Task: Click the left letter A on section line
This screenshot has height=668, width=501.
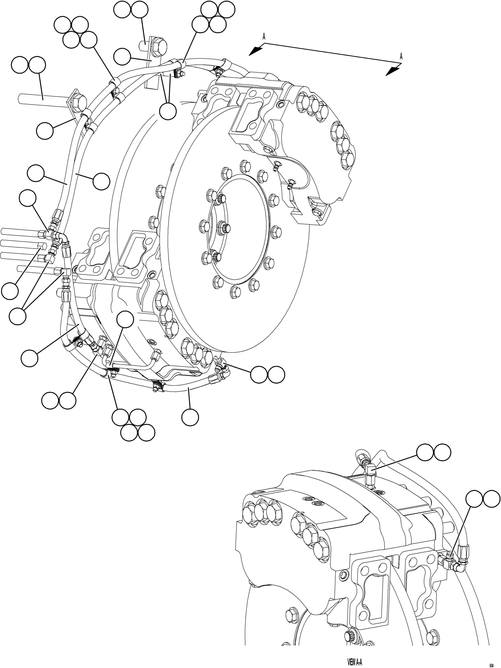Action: click(x=264, y=37)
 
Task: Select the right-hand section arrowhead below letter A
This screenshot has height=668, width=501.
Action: click(x=393, y=71)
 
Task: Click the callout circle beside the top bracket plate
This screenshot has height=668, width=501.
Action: click(x=122, y=56)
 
